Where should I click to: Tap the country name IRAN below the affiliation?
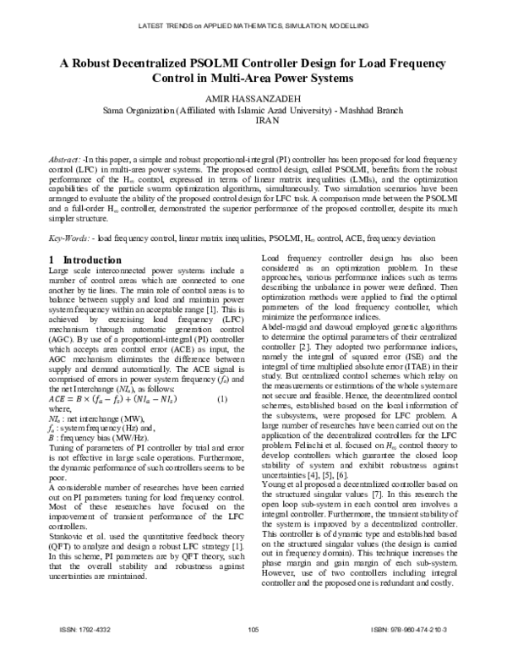[254, 120]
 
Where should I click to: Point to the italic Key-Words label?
[70, 217]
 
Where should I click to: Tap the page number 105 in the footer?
[253, 629]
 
